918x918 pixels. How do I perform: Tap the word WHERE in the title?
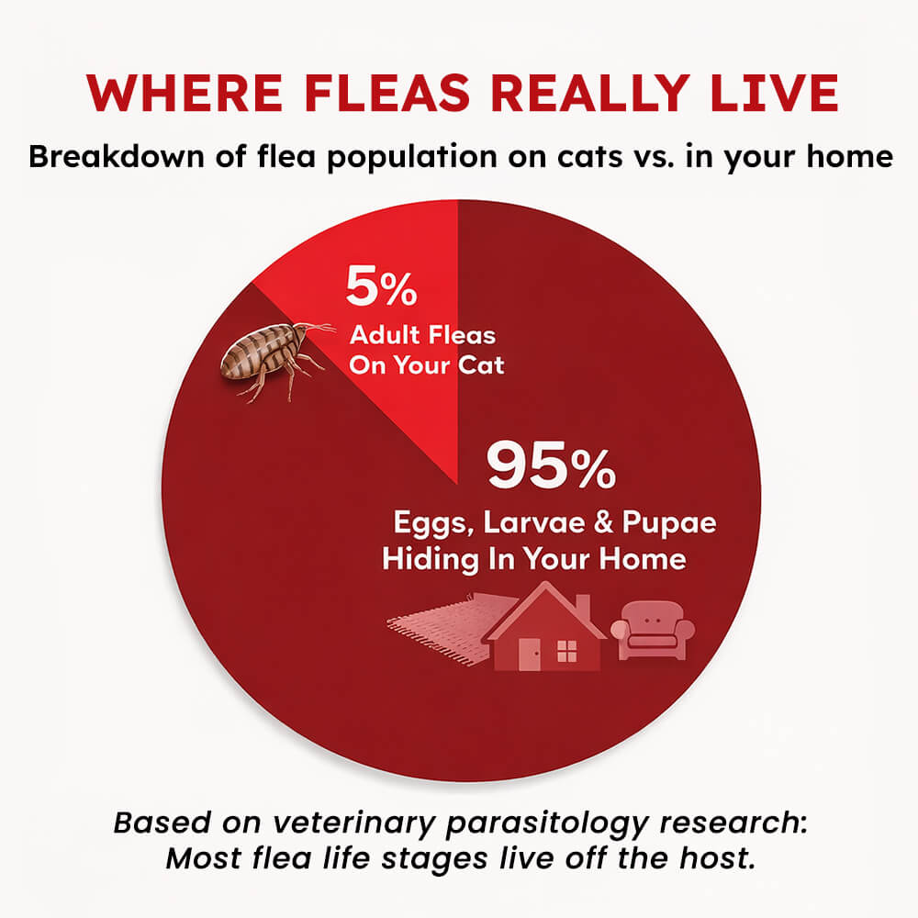185,93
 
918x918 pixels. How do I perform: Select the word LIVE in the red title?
774,93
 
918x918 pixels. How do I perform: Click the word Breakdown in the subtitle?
117,156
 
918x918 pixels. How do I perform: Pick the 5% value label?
381,286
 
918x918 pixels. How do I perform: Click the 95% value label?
551,465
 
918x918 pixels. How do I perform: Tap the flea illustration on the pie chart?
276,358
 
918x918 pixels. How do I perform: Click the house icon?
544,626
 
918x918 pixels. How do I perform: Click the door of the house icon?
530,654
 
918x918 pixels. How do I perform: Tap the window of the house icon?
566,651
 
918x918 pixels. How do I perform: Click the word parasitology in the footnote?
547,823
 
